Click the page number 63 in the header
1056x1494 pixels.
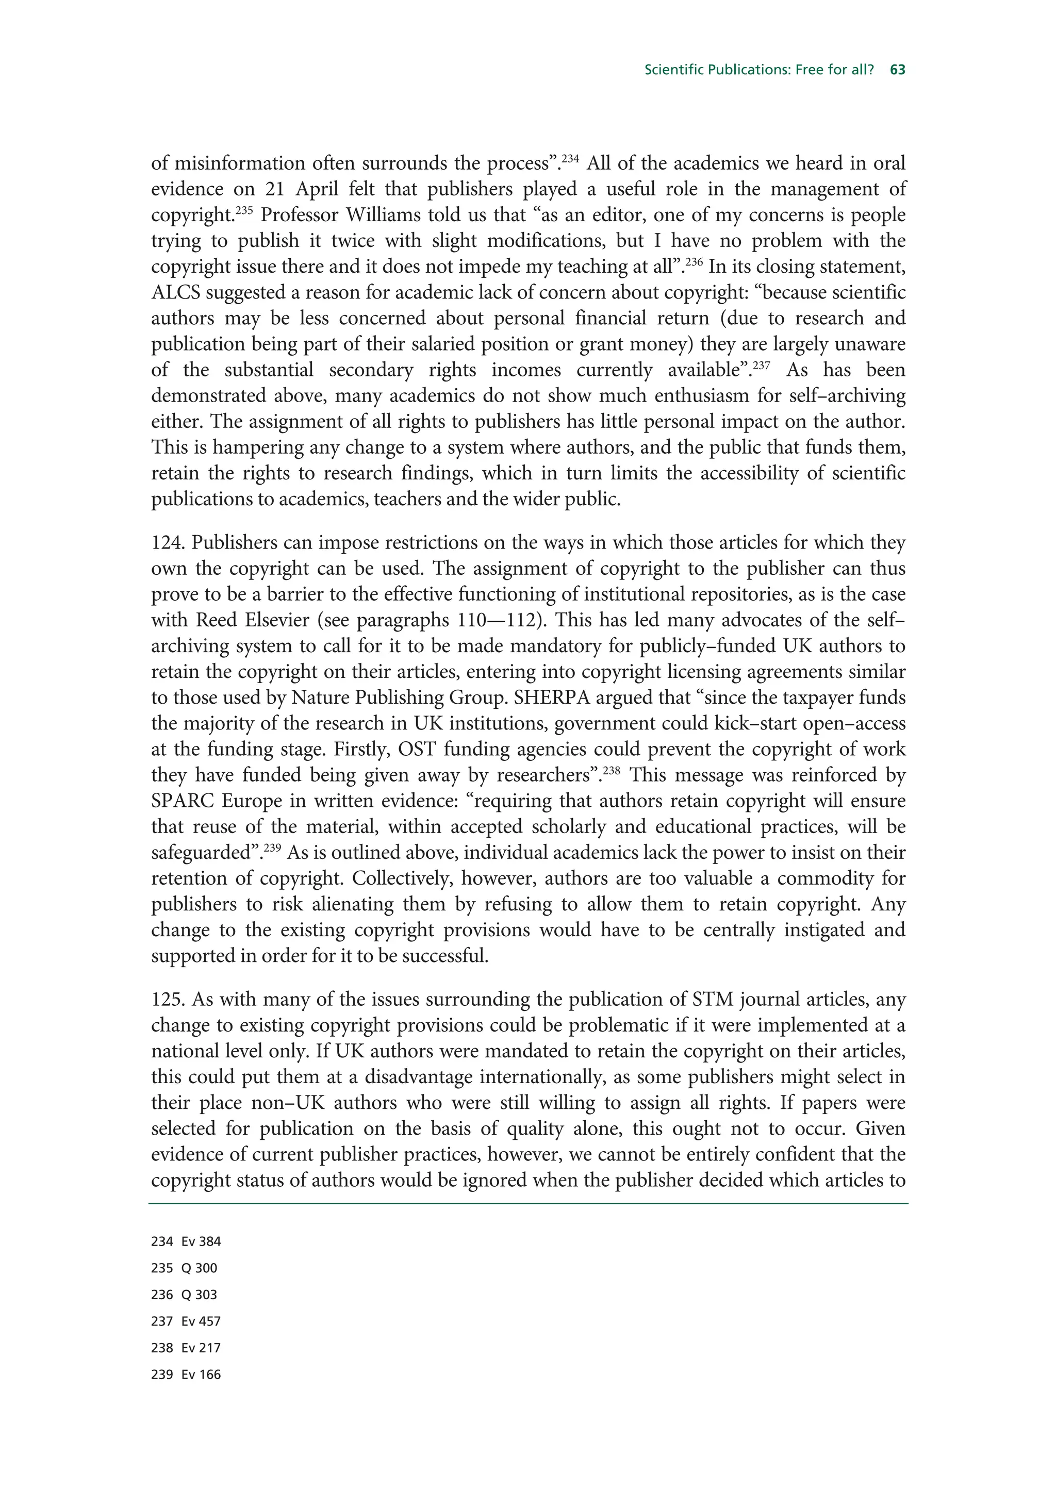click(x=898, y=70)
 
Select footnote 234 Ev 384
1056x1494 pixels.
click(x=186, y=1241)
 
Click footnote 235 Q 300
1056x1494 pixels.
click(x=184, y=1268)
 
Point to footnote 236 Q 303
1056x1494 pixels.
click(x=184, y=1295)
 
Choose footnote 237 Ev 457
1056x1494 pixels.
click(x=186, y=1322)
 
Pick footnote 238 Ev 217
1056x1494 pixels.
click(x=186, y=1348)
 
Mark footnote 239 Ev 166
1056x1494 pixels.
click(x=186, y=1375)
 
